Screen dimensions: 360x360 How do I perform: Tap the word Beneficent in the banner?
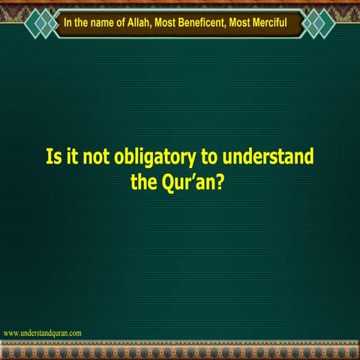[215, 22]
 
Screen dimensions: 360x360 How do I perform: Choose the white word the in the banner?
[82, 22]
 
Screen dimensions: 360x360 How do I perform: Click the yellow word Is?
[53, 158]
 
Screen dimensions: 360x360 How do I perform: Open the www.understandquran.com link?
[43, 332]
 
